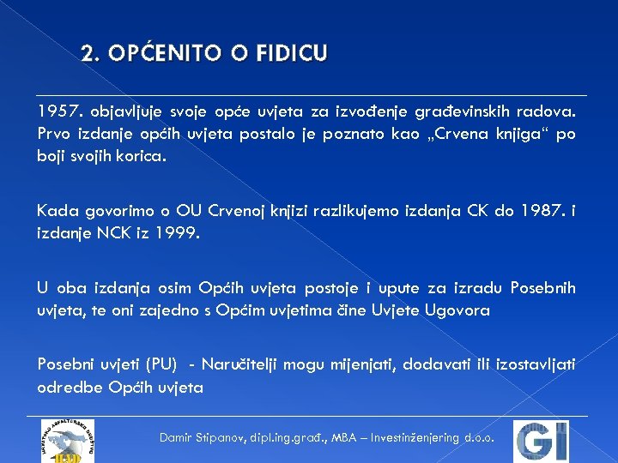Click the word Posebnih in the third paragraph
(x=542, y=287)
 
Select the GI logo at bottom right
(x=540, y=441)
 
